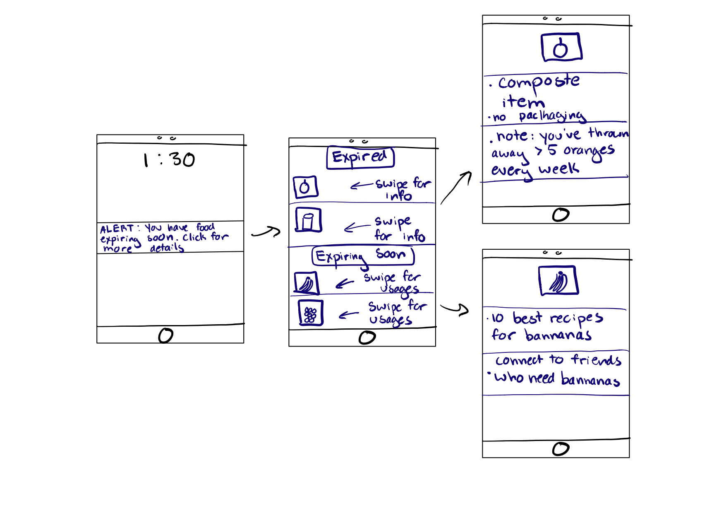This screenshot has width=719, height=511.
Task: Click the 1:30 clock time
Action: (169, 159)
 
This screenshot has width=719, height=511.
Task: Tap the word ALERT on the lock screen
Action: (116, 229)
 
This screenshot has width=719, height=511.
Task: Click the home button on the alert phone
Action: (165, 335)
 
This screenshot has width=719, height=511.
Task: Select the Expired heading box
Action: (360, 157)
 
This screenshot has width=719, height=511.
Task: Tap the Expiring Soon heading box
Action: (363, 256)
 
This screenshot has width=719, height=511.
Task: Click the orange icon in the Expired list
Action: (305, 187)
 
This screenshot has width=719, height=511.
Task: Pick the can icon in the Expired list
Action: (308, 220)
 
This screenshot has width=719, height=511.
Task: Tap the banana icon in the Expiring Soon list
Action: (306, 283)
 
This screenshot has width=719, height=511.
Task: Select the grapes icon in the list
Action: (310, 313)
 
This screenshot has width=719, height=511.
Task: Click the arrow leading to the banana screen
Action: (455, 309)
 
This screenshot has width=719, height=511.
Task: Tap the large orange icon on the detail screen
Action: (561, 48)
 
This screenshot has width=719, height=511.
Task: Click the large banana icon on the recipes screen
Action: (558, 280)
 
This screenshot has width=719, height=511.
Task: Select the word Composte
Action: (539, 82)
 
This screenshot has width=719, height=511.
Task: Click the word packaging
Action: (552, 116)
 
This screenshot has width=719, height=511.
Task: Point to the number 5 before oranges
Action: (552, 150)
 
